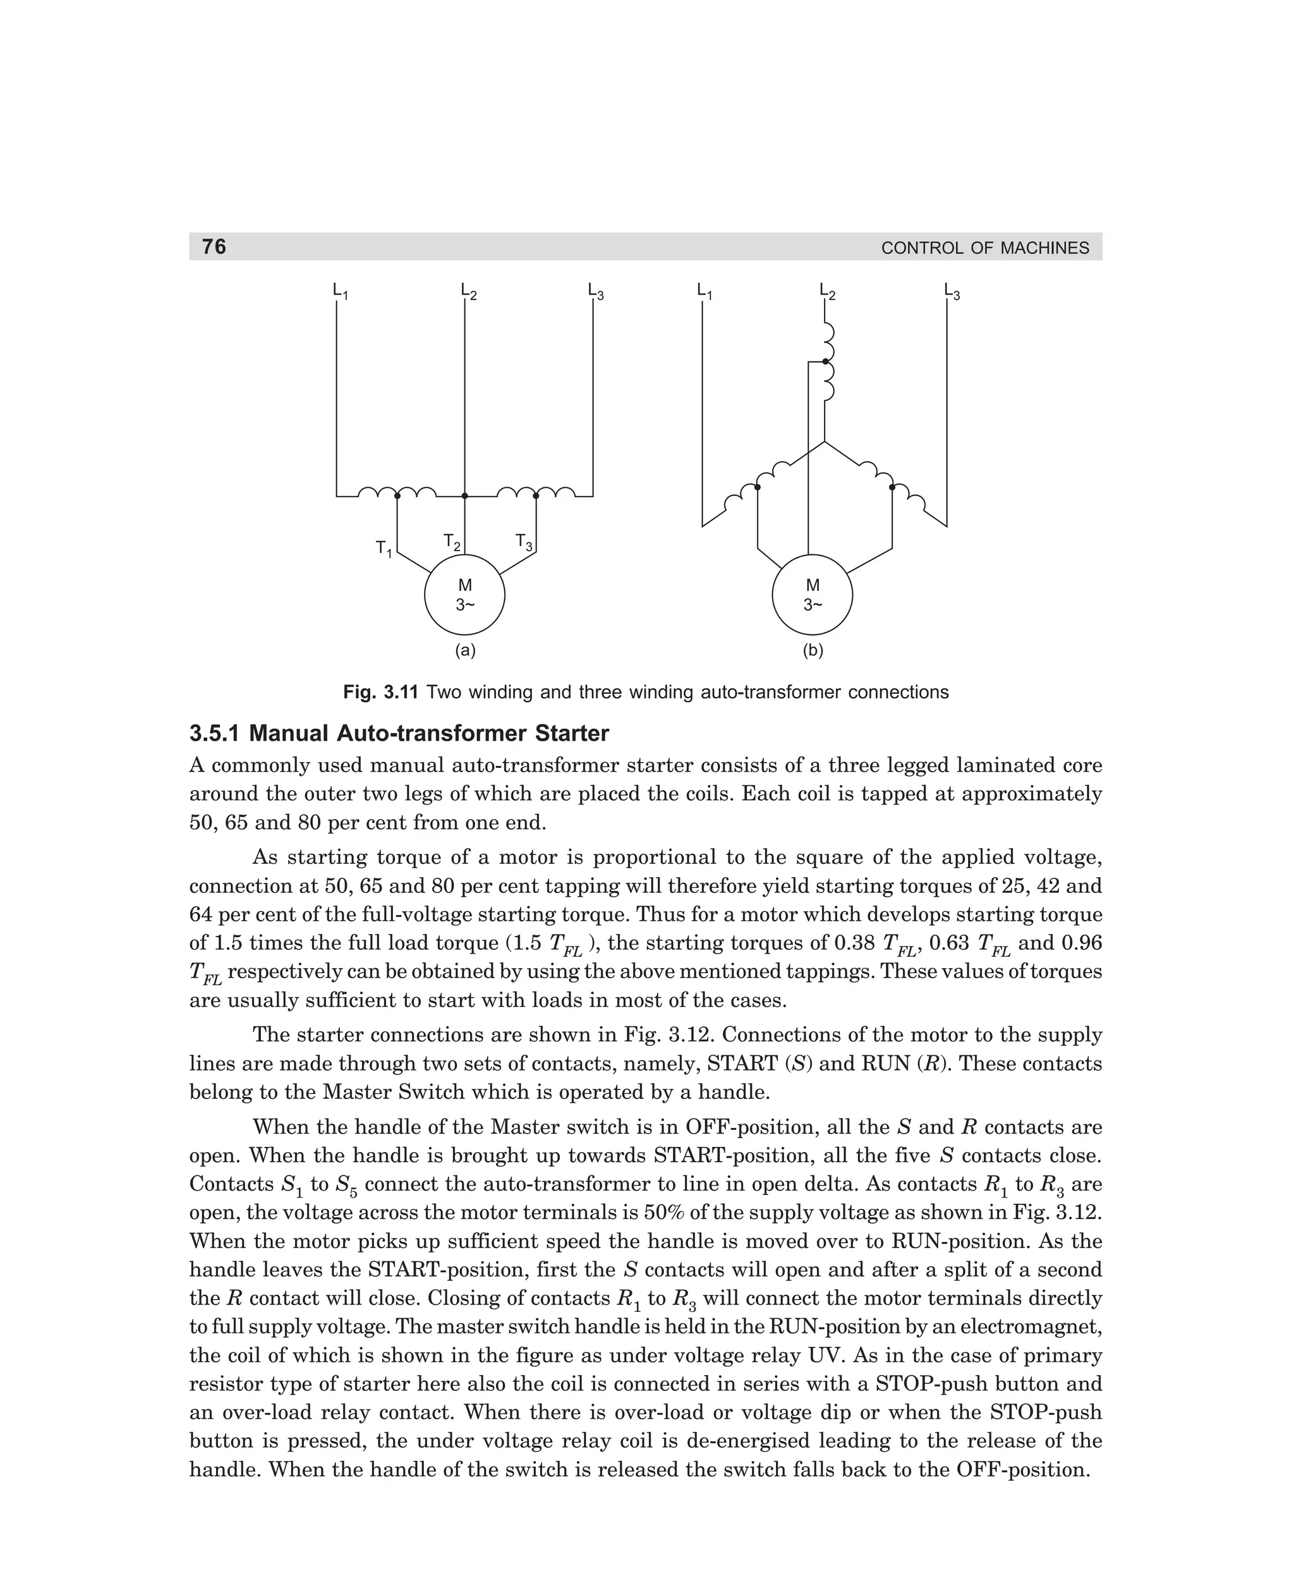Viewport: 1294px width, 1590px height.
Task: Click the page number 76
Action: coord(214,246)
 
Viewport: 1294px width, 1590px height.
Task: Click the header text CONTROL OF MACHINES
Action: coord(984,248)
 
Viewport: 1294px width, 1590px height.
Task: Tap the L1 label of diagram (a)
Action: coord(340,291)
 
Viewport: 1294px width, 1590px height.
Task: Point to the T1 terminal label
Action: coord(383,549)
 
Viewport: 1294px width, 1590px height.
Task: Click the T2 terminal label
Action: coord(451,542)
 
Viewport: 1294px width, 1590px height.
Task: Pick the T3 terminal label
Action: coord(524,542)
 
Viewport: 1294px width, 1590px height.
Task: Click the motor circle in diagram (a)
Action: coord(464,595)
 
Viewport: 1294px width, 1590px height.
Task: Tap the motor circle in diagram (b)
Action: coord(813,595)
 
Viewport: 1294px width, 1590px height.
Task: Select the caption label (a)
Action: coord(465,651)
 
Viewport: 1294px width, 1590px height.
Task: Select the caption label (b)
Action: coord(813,651)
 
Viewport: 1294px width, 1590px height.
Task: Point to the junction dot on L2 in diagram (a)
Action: coord(464,495)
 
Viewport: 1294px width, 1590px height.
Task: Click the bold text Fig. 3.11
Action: coord(382,693)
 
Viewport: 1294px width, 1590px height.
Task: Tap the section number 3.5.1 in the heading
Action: coord(215,734)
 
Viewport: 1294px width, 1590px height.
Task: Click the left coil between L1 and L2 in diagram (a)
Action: coord(397,492)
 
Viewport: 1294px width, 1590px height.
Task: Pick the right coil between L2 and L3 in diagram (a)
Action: coord(535,492)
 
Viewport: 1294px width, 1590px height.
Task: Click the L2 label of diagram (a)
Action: coord(468,291)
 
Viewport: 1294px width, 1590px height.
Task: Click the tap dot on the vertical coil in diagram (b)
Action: coord(825,361)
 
